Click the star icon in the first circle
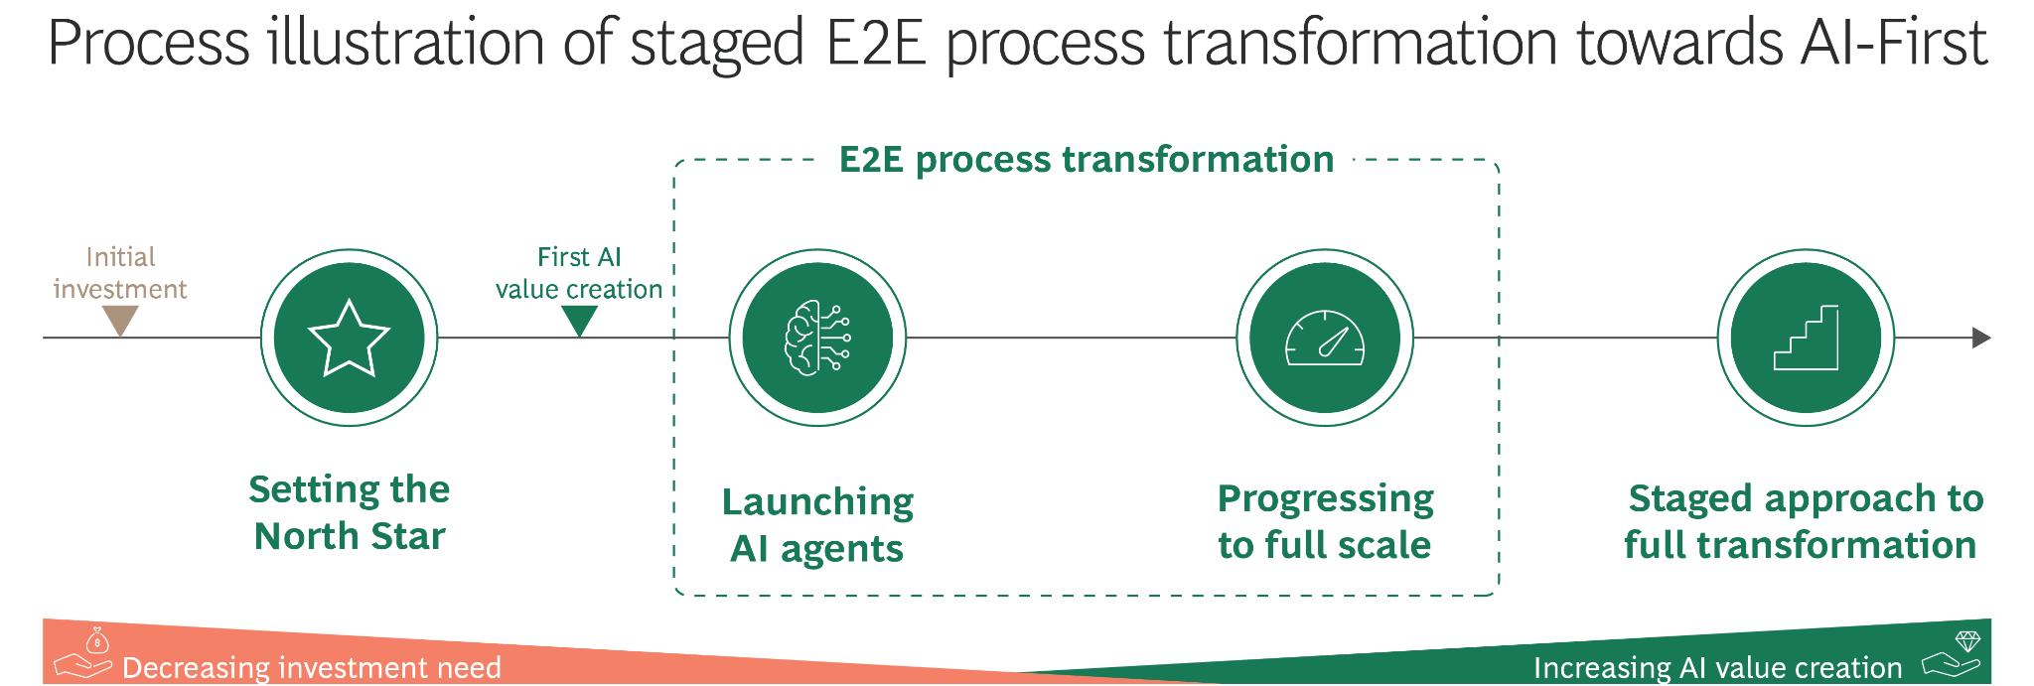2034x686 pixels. (349, 339)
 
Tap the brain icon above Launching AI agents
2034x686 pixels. (817, 339)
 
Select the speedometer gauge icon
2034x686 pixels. (1325, 339)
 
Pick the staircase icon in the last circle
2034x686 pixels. (1806, 339)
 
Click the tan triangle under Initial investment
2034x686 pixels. (120, 321)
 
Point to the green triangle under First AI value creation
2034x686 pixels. (579, 321)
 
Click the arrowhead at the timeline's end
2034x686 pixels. (1981, 339)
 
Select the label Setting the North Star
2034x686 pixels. (350, 512)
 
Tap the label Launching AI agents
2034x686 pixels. (817, 525)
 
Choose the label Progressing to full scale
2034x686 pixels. (1326, 521)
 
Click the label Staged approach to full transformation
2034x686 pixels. (1805, 521)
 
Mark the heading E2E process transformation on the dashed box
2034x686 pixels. (1087, 159)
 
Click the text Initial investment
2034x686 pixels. (120, 273)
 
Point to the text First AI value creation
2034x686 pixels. (579, 273)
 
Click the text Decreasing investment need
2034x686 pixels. (312, 668)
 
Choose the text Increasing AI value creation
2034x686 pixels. (1718, 668)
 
